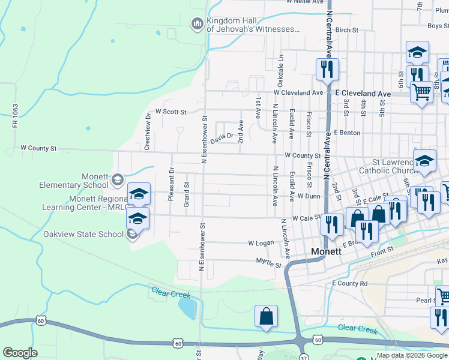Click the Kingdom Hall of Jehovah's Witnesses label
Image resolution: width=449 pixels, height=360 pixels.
[253, 24]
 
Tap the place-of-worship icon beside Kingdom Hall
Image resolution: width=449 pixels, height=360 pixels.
[197, 24]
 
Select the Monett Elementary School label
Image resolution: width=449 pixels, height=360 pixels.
[73, 181]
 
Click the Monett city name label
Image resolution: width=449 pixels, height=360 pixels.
[325, 252]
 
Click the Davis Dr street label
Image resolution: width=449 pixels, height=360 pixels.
[221, 134]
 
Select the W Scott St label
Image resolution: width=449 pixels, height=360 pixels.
[171, 112]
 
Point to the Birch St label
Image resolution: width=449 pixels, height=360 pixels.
[346, 29]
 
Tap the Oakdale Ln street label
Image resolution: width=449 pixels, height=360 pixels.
[280, 69]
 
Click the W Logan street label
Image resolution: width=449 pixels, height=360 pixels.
[261, 243]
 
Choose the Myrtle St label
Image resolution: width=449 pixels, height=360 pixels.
[268, 263]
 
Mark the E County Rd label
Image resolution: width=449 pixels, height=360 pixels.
[349, 283]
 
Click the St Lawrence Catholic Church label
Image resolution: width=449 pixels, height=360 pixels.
[394, 166]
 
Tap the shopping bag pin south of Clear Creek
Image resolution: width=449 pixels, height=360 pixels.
[266, 316]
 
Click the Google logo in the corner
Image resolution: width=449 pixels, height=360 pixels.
[20, 353]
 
